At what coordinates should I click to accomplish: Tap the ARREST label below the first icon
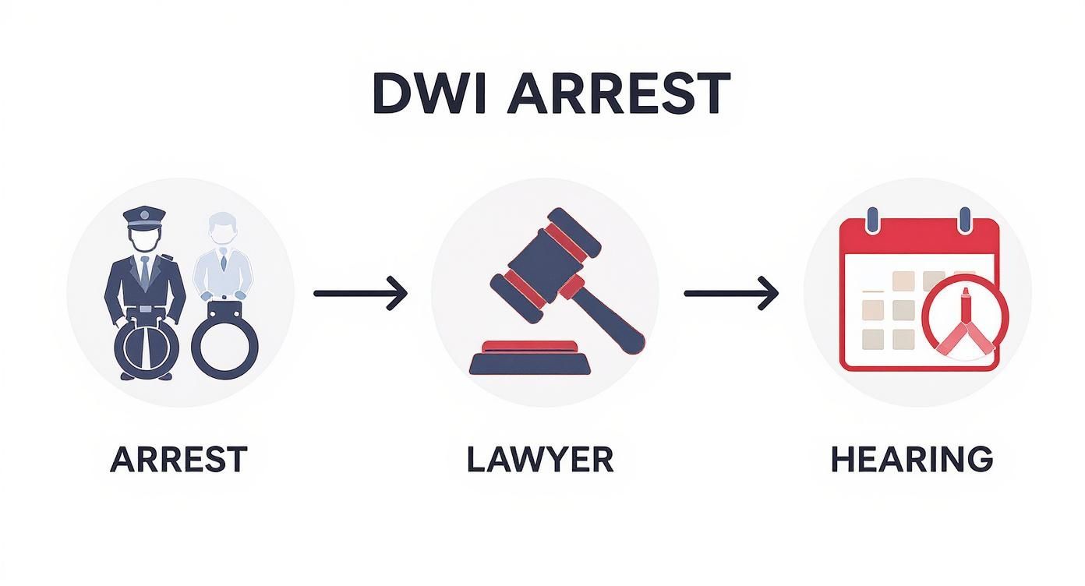[178, 459]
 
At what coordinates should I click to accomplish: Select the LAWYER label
[540, 459]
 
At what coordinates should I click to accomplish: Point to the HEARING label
[911, 459]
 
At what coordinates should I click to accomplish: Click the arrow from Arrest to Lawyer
[360, 294]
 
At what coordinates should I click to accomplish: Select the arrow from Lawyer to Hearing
[730, 294]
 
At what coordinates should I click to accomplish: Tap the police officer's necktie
[145, 270]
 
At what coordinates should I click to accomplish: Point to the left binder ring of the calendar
[872, 219]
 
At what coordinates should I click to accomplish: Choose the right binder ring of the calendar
[965, 219]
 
